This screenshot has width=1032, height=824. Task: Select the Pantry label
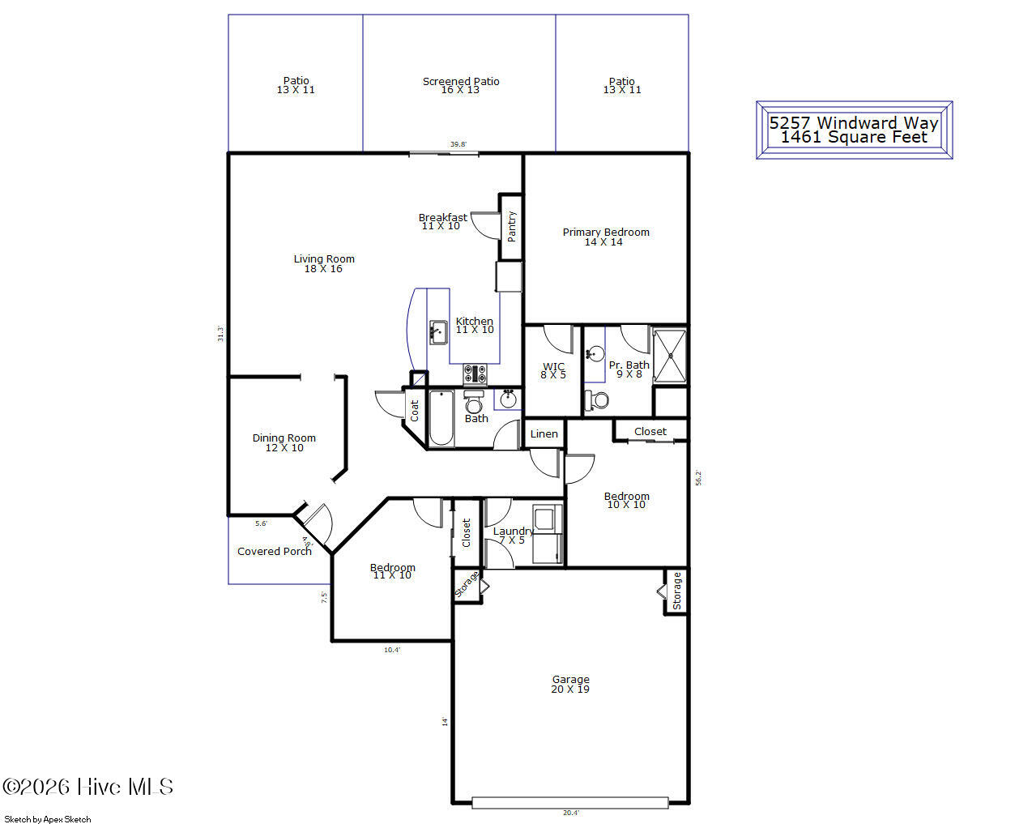click(511, 226)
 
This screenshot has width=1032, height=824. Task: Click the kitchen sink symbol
click(438, 332)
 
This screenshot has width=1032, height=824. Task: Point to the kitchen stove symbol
click(475, 374)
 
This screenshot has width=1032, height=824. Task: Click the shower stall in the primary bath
click(669, 356)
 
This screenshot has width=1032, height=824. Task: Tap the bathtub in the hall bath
click(441, 418)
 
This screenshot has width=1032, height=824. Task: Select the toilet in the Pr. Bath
click(596, 400)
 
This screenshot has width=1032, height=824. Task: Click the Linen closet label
click(544, 433)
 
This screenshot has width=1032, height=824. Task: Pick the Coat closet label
click(414, 411)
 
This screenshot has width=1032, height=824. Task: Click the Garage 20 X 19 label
click(570, 684)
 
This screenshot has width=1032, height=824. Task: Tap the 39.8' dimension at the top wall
click(458, 144)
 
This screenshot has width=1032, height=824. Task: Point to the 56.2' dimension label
click(698, 478)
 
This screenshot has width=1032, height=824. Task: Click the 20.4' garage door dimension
click(571, 813)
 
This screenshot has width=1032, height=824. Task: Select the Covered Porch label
click(275, 552)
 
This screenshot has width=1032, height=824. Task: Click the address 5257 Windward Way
click(854, 123)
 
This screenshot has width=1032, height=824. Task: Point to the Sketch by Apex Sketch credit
click(48, 819)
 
